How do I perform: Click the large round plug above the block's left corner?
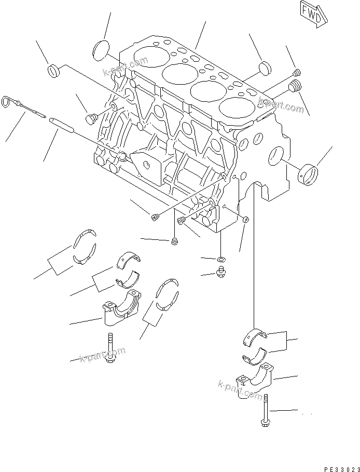[x=102, y=51]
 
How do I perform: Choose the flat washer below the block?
[x=221, y=259]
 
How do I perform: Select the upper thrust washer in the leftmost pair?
[x=83, y=238]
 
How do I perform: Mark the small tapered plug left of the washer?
[x=175, y=241]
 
